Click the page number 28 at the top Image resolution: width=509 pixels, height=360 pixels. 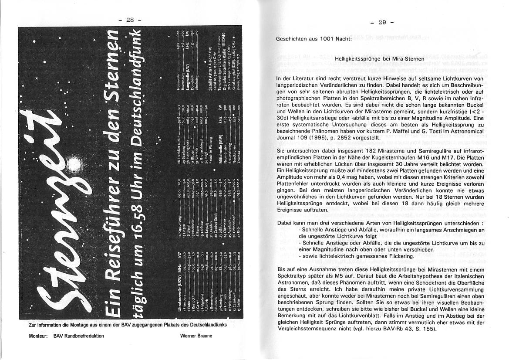point(130,20)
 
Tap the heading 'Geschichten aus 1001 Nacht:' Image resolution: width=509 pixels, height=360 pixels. point(313,39)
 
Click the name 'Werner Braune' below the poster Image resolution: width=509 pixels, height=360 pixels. point(197,336)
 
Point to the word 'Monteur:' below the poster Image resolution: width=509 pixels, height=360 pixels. point(38,336)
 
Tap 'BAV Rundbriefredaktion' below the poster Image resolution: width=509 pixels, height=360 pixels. point(78,336)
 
